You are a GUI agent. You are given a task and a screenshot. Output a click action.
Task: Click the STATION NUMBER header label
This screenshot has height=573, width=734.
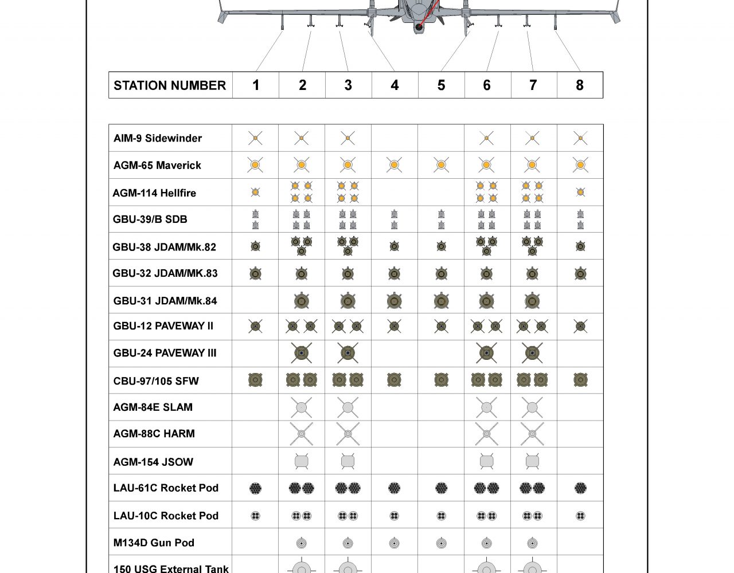170,85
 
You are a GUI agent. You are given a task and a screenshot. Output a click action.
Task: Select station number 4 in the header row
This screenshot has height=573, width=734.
395,85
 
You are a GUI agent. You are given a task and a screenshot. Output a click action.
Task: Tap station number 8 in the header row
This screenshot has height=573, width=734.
580,85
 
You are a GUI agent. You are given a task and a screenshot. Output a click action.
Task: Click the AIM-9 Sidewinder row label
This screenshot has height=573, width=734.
158,138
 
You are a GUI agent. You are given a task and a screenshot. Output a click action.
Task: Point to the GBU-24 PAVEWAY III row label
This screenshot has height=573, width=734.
165,353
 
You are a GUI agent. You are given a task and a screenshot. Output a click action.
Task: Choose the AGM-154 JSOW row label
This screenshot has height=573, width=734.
153,462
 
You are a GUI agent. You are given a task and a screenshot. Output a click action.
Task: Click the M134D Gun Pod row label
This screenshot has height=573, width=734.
154,543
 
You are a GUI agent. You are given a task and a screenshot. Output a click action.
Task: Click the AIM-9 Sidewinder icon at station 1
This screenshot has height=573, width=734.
255,138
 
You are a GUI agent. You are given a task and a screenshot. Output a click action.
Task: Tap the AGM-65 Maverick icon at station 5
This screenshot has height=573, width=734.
441,165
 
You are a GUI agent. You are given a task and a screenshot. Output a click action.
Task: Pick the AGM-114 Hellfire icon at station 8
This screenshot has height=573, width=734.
580,193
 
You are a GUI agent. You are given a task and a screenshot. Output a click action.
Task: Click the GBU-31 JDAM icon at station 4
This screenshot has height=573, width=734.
394,300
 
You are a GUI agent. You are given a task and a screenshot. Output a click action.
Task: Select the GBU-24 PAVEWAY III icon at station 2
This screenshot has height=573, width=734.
302,353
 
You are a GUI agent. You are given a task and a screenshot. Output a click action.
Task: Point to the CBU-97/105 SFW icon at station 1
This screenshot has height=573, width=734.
255,379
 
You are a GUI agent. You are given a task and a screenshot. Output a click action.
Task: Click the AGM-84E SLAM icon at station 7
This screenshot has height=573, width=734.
532,407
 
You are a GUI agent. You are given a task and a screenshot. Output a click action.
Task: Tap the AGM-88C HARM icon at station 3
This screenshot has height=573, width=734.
348,434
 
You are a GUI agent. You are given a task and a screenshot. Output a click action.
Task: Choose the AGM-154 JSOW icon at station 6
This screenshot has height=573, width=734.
486,461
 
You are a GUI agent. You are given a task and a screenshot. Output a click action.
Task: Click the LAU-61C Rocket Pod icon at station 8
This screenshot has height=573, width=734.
580,488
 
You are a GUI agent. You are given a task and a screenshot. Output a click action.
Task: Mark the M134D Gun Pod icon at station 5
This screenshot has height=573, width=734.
441,543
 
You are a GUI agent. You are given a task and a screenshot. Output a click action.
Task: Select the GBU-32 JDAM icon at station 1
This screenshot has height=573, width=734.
255,273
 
